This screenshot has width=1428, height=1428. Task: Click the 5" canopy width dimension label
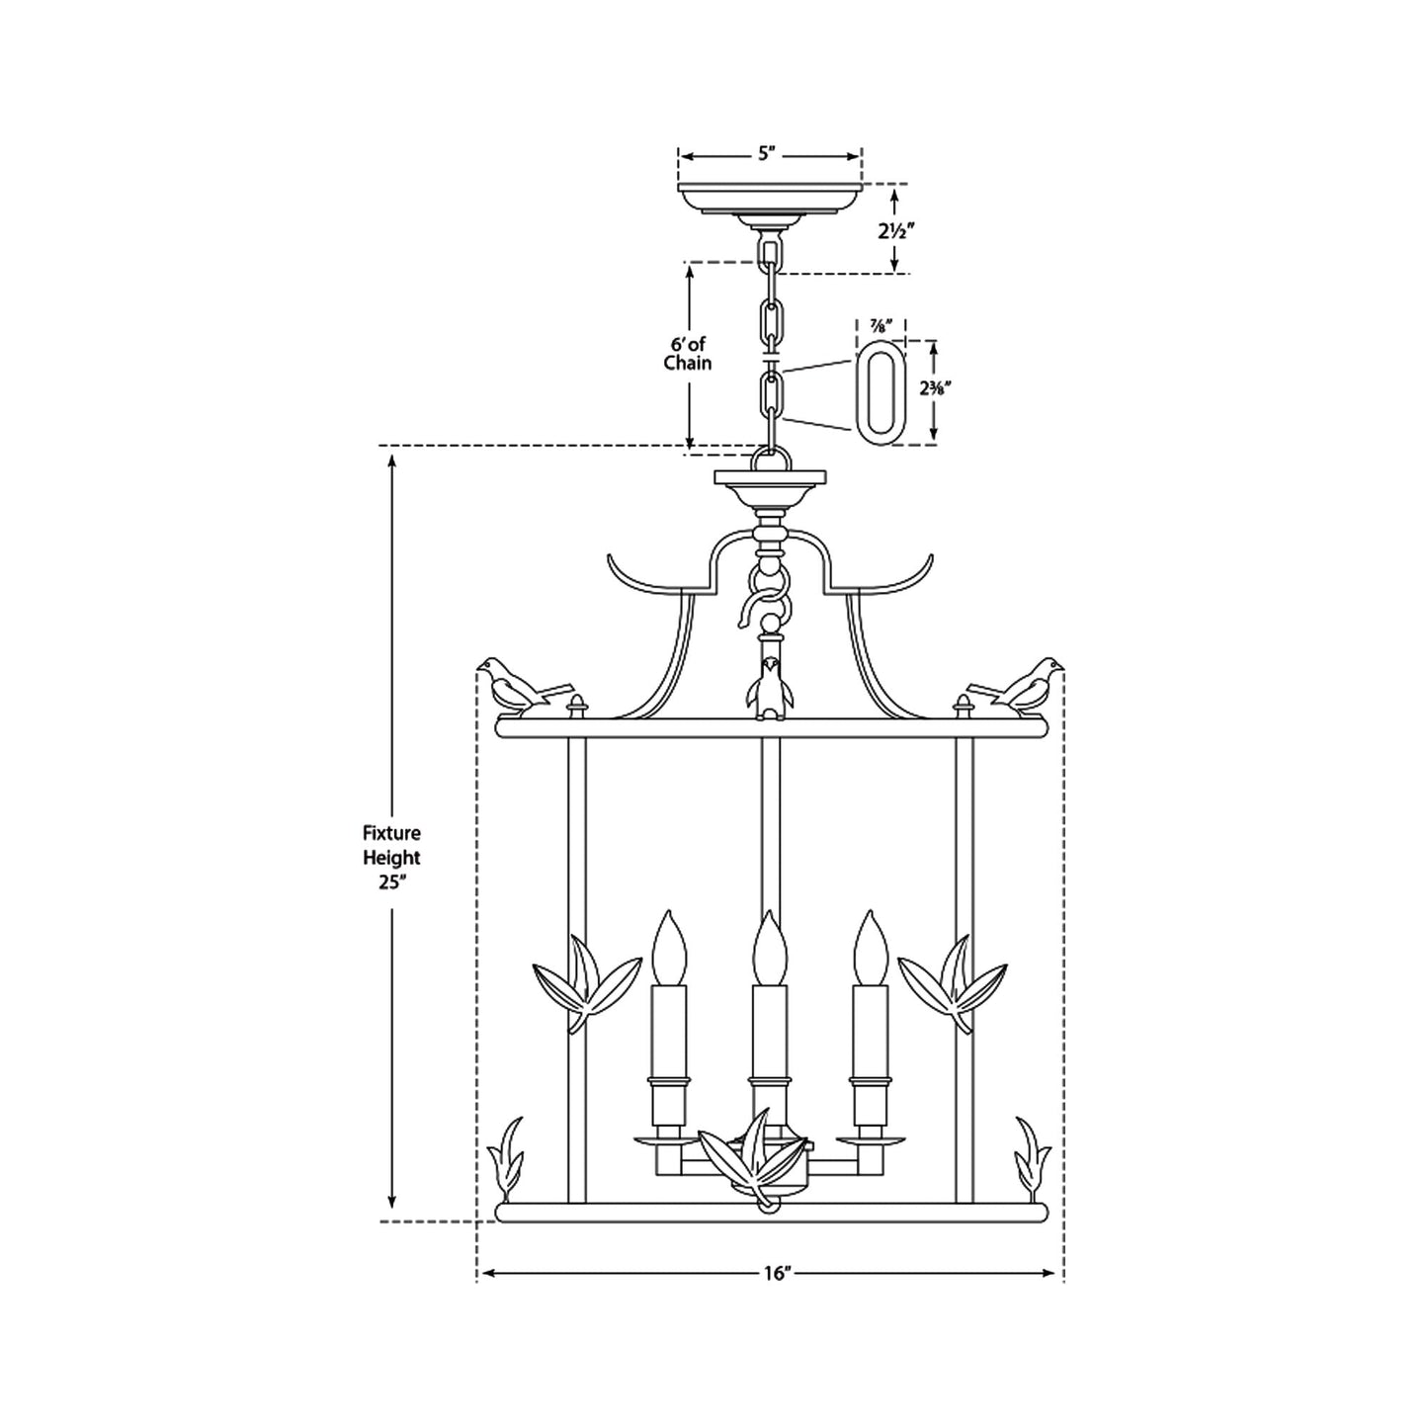click(769, 154)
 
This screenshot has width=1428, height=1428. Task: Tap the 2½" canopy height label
click(894, 232)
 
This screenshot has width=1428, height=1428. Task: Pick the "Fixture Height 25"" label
click(391, 858)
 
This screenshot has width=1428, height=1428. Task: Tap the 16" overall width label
click(779, 1274)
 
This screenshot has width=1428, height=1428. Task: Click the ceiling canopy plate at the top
click(769, 198)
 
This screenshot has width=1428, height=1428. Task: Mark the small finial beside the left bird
click(578, 705)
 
